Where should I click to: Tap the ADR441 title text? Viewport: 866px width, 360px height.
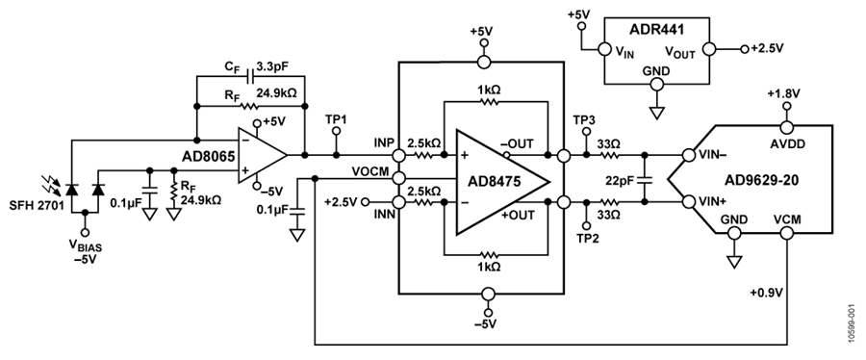655,30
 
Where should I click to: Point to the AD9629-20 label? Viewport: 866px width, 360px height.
762,180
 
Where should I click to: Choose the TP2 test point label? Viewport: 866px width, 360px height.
586,238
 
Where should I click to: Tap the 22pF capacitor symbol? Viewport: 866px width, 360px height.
644,180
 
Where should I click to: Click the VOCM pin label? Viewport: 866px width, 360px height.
371,170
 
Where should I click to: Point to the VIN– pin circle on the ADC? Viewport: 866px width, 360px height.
688,155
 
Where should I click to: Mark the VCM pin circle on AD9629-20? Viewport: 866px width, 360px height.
787,234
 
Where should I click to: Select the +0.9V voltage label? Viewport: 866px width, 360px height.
767,293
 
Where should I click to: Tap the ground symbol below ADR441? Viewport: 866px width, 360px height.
656,112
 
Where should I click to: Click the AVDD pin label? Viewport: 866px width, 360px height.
788,144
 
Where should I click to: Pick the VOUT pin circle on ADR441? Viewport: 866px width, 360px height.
708,49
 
